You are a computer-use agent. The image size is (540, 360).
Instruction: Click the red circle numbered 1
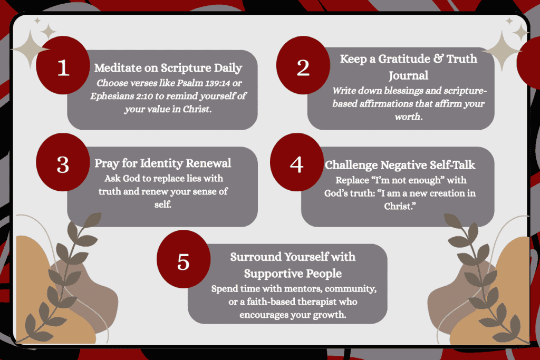coord(63,65)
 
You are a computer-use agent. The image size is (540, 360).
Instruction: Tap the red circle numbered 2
coord(303,65)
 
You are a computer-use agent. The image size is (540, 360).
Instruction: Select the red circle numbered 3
coord(63,162)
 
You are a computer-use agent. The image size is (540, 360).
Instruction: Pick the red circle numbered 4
coord(297,162)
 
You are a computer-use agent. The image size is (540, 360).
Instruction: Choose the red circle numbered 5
coord(184,259)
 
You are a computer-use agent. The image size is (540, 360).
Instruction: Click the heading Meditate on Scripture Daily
coord(168,68)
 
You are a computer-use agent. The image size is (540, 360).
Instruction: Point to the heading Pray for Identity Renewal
coord(162,163)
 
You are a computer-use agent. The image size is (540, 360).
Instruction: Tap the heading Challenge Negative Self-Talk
coord(400,165)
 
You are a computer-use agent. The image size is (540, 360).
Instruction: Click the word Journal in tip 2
coord(409,75)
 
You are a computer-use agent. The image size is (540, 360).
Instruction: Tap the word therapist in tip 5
coord(317,301)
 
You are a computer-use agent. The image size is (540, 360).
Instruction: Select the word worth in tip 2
coord(409,116)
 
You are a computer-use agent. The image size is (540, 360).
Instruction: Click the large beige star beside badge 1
coord(30,50)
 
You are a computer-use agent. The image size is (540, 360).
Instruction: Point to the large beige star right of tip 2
coord(502,51)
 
